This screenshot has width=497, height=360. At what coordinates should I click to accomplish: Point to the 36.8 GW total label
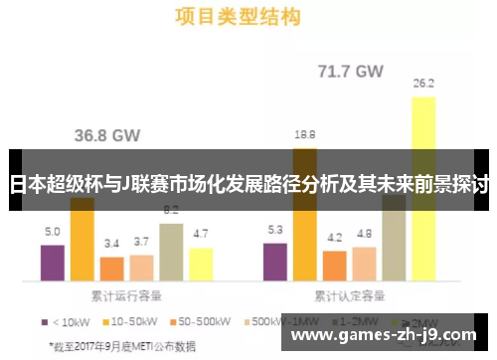(108, 135)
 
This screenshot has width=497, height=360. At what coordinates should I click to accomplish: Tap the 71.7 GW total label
(350, 72)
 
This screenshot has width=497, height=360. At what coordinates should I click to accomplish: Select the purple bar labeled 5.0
(53, 263)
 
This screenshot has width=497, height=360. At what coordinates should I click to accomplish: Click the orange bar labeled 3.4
(112, 269)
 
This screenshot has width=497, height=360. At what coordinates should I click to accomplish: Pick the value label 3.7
(141, 241)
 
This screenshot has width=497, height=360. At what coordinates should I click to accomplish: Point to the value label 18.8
(305, 133)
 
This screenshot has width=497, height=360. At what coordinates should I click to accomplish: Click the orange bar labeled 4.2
(335, 266)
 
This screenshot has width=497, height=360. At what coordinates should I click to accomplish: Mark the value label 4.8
(364, 234)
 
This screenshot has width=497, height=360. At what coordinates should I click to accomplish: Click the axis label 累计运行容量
(126, 295)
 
